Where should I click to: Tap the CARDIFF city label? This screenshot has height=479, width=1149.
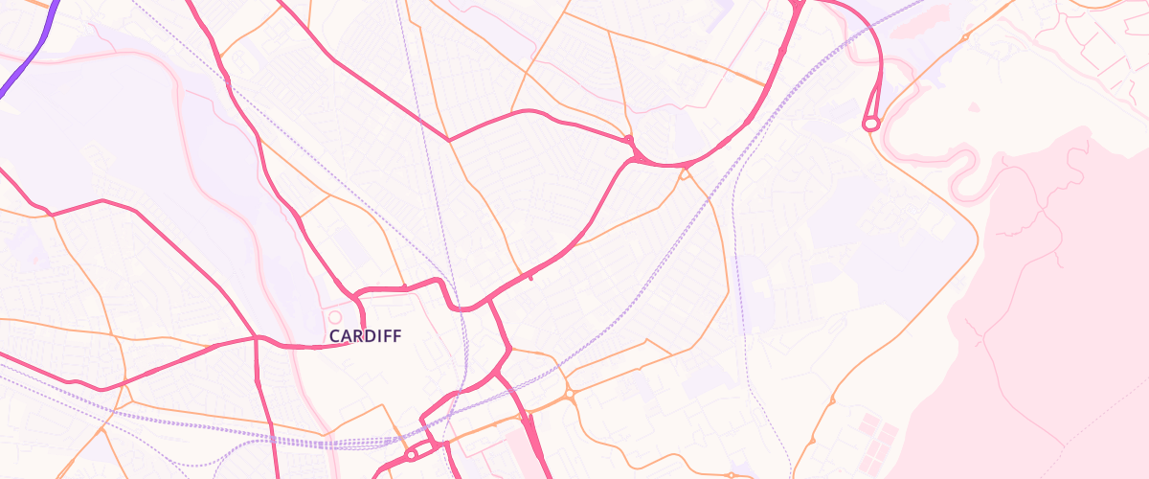(365, 336)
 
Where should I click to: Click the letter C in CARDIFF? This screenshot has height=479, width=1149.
(334, 336)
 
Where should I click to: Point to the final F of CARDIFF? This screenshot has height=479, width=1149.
(396, 336)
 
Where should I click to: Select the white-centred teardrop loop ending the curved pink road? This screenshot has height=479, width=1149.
(870, 124)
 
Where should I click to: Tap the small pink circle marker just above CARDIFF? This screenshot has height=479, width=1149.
(334, 317)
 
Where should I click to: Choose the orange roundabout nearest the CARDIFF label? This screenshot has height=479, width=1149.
(569, 393)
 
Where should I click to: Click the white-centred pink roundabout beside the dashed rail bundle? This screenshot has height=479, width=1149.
(411, 455)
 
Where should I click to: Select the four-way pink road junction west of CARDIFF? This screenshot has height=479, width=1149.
(256, 338)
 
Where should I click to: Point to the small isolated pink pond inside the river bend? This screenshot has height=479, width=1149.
(974, 107)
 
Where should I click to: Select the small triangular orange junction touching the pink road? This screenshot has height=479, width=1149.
(684, 174)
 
